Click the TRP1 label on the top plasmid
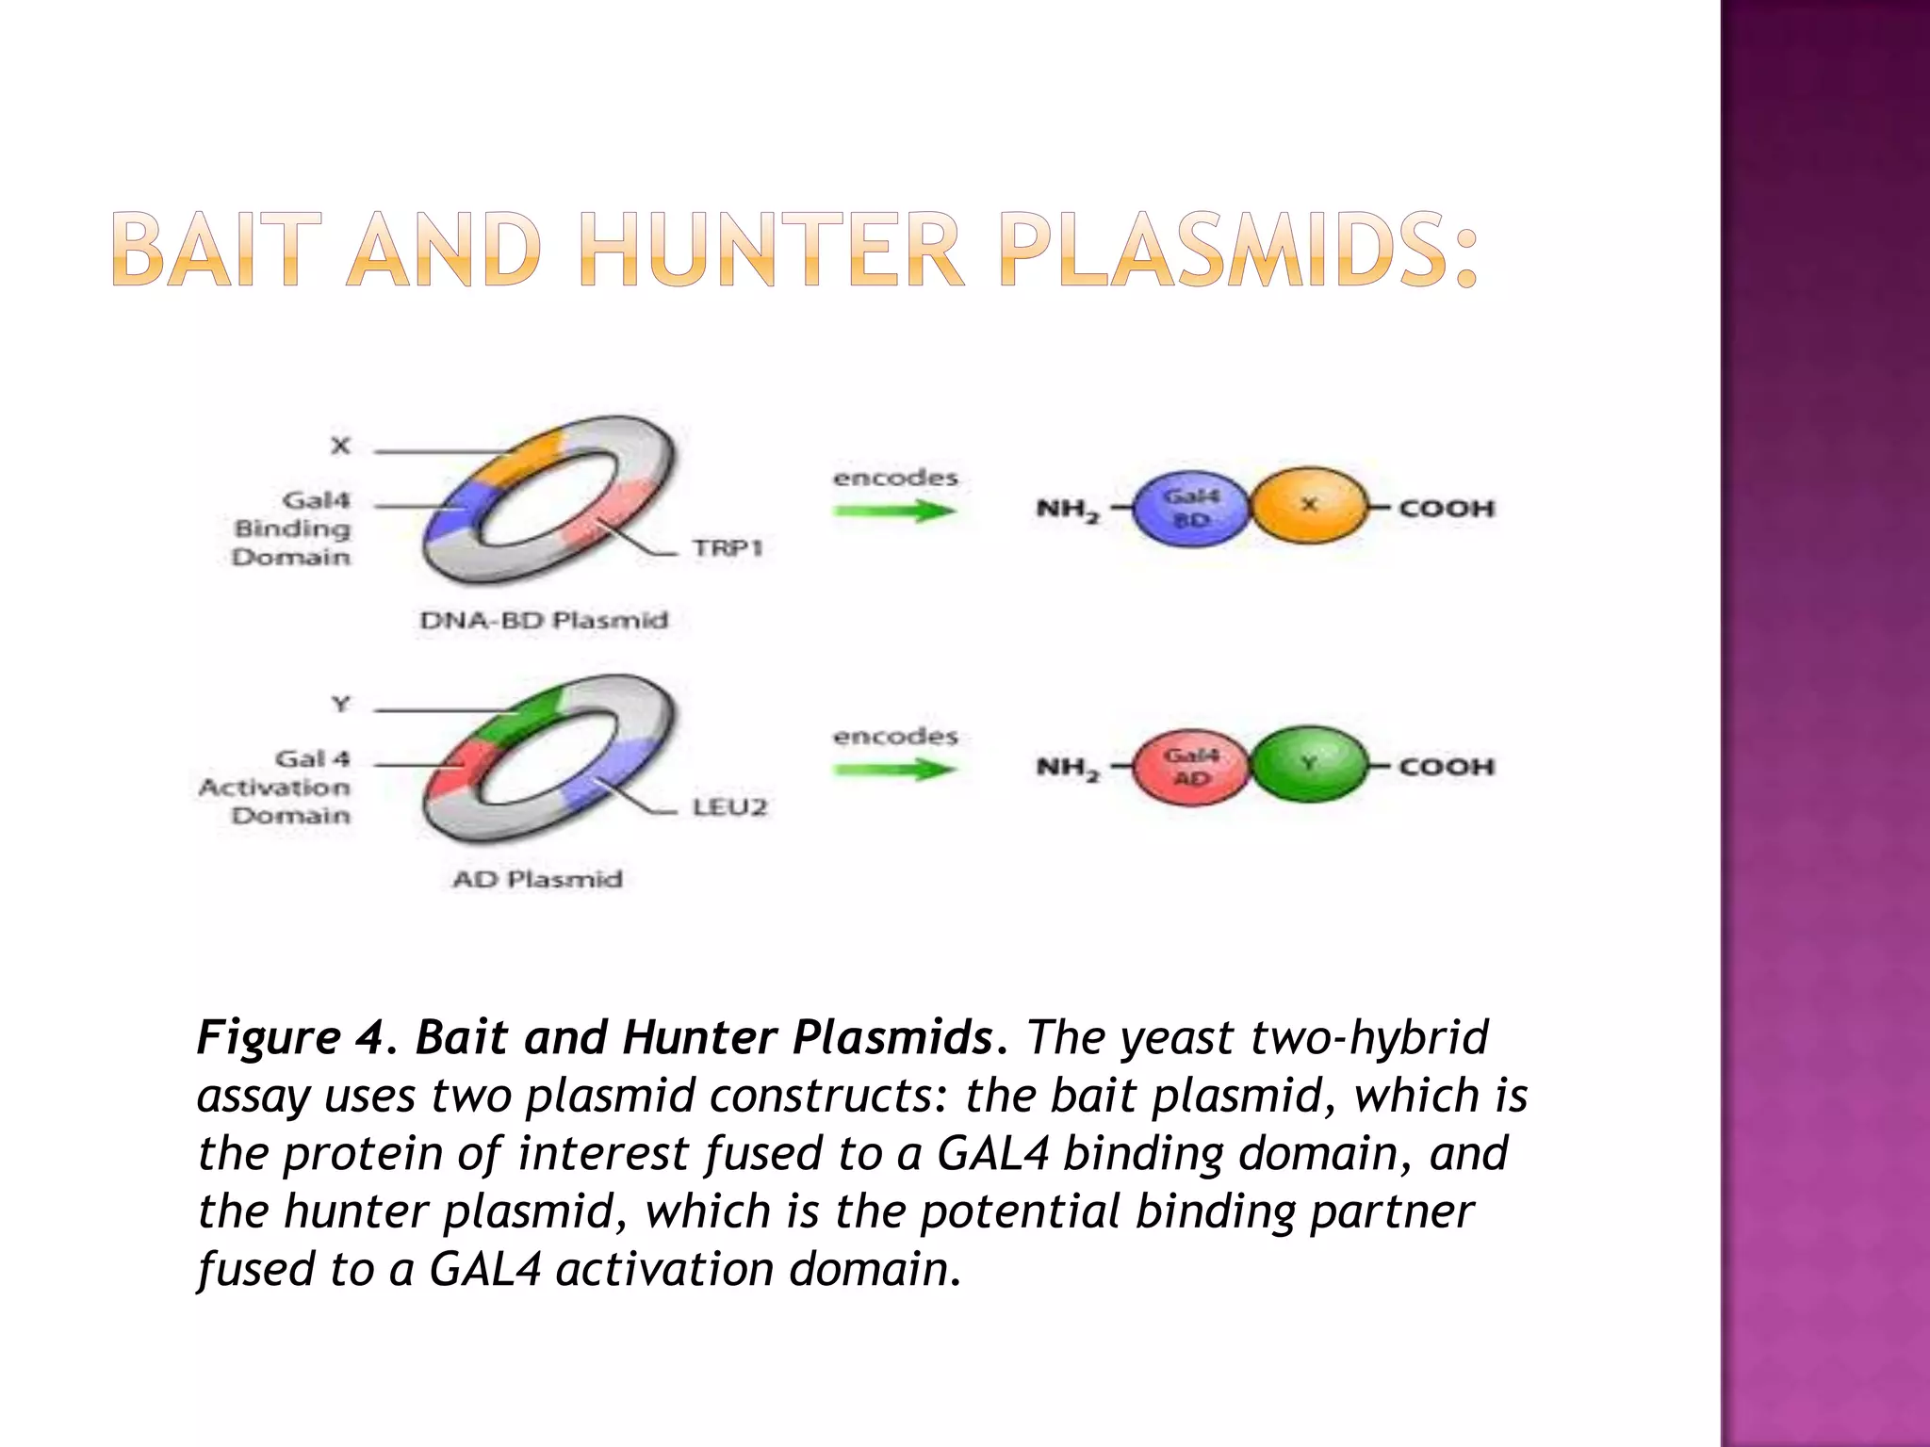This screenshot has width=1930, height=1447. [728, 547]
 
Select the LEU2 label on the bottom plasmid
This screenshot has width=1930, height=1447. [730, 806]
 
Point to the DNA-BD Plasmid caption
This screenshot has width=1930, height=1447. [544, 621]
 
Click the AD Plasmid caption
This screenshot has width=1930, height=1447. [537, 880]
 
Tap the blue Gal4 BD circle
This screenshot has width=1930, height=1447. [1190, 509]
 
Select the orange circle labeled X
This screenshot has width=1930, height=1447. [1308, 507]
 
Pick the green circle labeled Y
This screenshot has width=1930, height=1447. [1308, 765]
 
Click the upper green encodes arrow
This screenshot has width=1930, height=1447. [893, 512]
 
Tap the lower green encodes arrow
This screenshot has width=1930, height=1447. [893, 771]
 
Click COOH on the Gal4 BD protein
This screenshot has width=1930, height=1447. [1447, 509]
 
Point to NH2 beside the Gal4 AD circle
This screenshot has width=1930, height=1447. [1068, 769]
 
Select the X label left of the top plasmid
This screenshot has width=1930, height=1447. [340, 446]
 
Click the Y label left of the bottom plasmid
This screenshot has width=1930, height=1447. [340, 705]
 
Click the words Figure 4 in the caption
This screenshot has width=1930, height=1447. [287, 1037]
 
